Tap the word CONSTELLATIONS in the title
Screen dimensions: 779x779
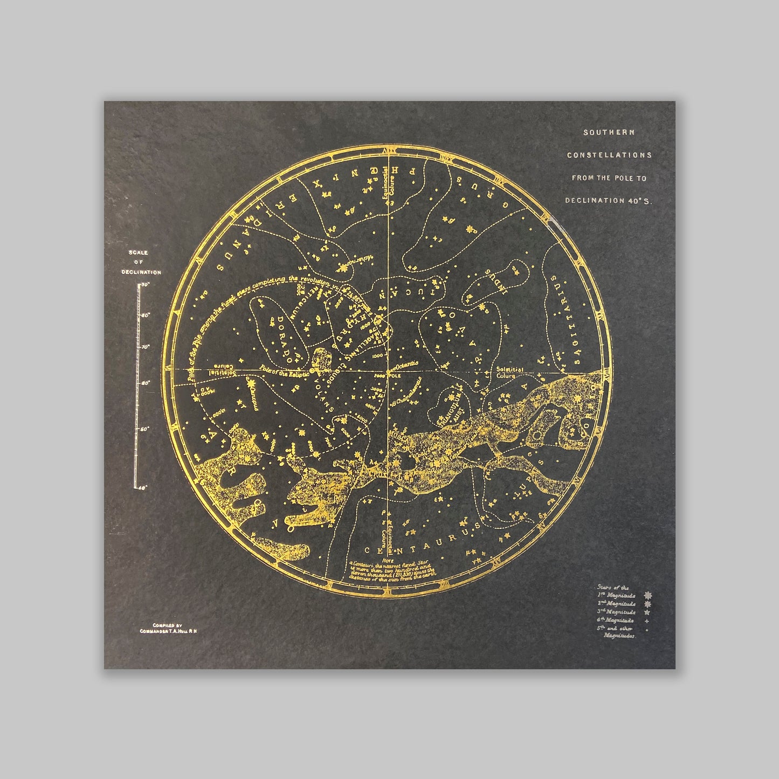609,155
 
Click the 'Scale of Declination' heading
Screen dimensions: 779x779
141,263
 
